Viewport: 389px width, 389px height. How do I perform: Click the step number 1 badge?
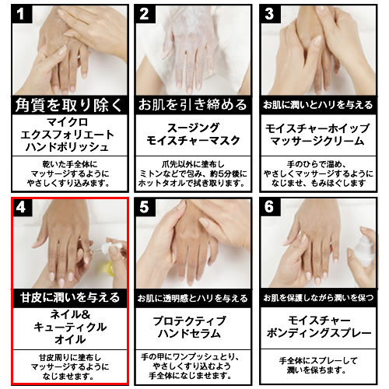pos(22,14)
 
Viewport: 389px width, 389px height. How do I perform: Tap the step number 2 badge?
pos(145,14)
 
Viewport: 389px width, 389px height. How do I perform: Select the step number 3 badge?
pos(271,14)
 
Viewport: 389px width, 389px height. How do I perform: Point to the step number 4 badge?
pos(23,207)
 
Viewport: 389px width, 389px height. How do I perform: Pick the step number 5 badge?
pos(145,207)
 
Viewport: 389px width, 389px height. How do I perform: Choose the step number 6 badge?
pos(271,207)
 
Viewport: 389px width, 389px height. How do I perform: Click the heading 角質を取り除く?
pos(69,105)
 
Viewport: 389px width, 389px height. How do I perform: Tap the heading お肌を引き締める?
pos(193,105)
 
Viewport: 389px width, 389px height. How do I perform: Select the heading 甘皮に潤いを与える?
pos(70,297)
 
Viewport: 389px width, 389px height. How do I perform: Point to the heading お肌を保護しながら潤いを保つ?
pos(318,298)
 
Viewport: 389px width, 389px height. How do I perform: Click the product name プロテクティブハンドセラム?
pos(189,328)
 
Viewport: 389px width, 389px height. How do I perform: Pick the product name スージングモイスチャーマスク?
pos(193,134)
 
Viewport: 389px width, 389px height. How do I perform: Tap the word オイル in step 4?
pos(70,339)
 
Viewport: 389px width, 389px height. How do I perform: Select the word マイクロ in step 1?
pos(67,122)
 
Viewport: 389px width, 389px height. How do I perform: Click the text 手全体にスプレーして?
pos(318,361)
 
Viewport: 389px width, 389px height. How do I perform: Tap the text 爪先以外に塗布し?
pos(193,164)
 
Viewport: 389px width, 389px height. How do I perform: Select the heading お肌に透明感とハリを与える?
pos(193,298)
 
